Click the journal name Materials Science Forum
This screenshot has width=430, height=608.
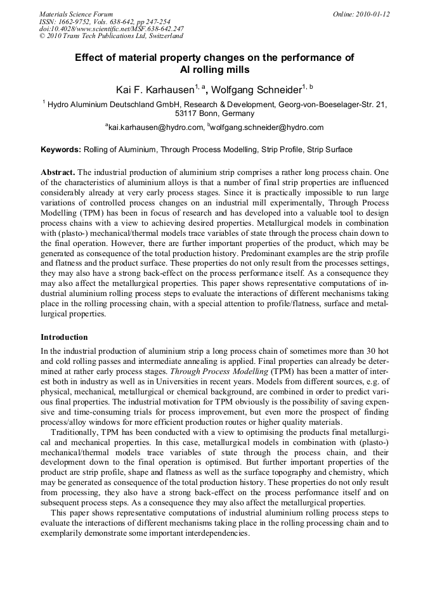pos(76,13)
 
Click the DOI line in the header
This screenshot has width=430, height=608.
pos(112,29)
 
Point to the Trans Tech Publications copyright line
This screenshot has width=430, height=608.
pos(111,36)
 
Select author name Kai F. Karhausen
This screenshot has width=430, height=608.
pos(154,90)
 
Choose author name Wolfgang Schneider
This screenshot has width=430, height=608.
pos(256,90)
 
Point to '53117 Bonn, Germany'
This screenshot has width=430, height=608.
pos(214,114)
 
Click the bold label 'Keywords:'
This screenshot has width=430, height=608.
pos(61,150)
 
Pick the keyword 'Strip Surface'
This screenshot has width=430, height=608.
pos(329,150)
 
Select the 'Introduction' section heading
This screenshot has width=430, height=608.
pos(64,337)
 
